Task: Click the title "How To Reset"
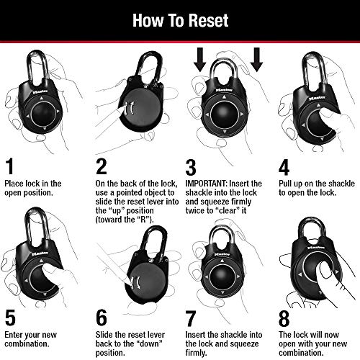point(179,19)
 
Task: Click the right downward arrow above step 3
point(256,63)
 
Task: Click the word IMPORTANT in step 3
point(208,184)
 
